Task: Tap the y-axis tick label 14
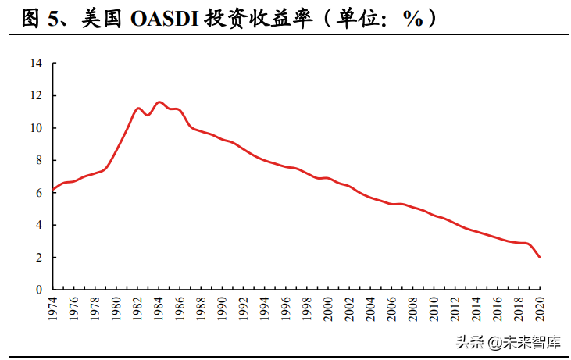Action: click(36, 63)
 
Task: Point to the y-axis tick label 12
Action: click(36, 95)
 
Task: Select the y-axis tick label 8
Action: click(38, 160)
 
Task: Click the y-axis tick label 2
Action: click(38, 257)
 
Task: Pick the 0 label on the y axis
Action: click(38, 290)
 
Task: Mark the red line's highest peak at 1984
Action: click(159, 102)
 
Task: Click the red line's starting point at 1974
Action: click(54, 190)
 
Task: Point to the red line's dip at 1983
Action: click(148, 115)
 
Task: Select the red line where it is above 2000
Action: click(328, 178)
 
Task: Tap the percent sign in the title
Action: click(412, 19)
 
